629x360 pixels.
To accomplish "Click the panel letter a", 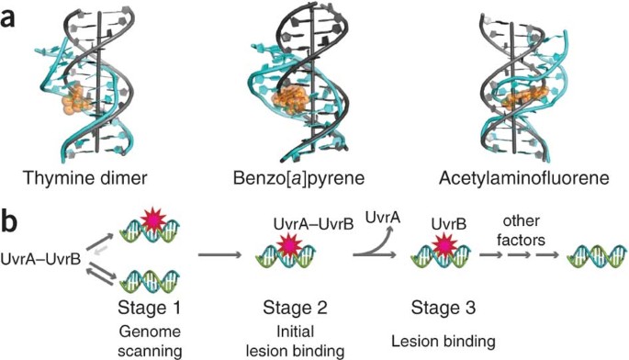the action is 8,18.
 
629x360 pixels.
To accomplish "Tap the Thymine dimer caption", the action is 84,178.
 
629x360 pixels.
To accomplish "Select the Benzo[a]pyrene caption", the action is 298,178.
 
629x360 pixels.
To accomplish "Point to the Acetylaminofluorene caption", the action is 524,178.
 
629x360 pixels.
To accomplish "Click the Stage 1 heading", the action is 149,308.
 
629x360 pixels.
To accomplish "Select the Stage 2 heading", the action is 295,308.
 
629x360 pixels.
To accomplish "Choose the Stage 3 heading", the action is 444,308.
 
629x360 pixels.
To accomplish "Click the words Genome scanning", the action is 150,342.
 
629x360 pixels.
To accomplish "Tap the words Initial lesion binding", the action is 295,341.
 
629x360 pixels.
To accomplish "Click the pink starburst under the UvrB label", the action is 444,244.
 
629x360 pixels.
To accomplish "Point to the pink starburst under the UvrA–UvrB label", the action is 289,246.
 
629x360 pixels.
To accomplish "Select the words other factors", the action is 521,230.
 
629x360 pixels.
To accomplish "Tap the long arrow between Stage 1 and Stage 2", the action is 219,255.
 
